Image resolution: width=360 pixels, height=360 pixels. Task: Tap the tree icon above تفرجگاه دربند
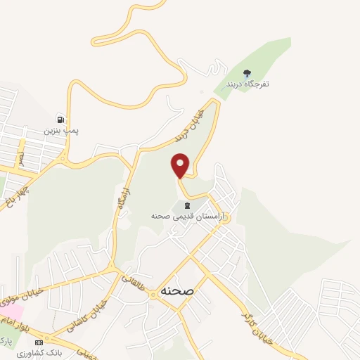(247, 73)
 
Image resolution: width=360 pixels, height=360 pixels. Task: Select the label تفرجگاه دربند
(247, 84)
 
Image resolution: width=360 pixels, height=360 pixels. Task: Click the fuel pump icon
(61, 120)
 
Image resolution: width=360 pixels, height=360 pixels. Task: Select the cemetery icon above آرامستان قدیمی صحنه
(186, 206)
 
